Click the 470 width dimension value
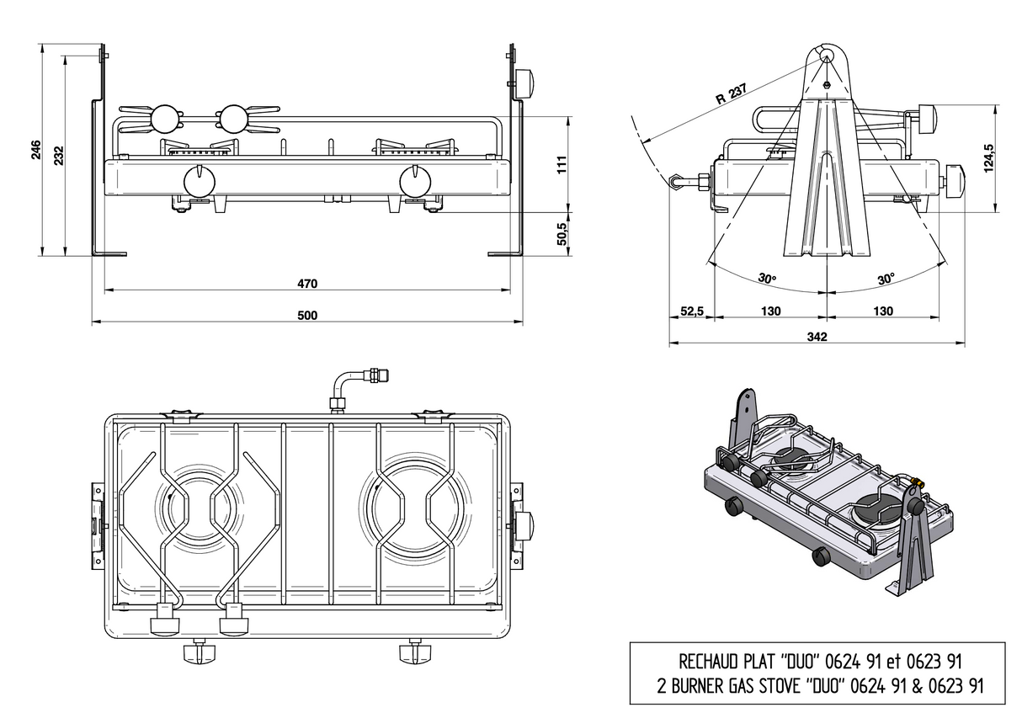click(x=306, y=283)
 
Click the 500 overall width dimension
click(x=306, y=315)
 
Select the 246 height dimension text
click(x=36, y=150)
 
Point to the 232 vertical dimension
click(x=58, y=155)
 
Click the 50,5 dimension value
click(x=563, y=233)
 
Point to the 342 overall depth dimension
click(x=817, y=337)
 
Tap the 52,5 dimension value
click(x=691, y=311)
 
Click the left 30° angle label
click(x=766, y=278)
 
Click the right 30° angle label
click(x=886, y=278)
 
